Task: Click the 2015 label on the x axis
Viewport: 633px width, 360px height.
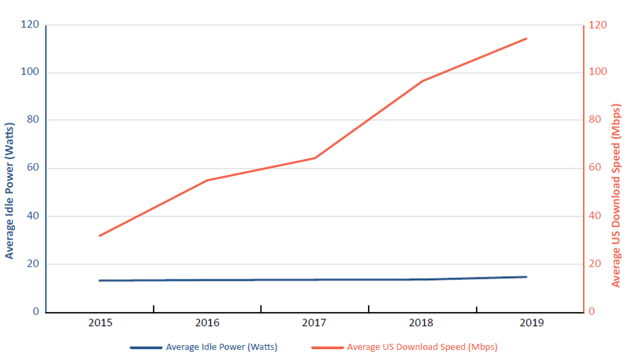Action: point(99,323)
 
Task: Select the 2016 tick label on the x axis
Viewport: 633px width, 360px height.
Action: point(208,323)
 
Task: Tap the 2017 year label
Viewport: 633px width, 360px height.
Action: point(314,323)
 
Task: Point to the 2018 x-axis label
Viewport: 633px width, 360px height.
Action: point(422,323)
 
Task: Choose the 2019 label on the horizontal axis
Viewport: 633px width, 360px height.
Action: point(530,323)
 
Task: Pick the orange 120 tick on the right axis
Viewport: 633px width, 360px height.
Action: point(598,25)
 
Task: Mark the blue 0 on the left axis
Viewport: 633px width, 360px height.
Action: point(36,312)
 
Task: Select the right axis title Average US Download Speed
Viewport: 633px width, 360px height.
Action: point(616,195)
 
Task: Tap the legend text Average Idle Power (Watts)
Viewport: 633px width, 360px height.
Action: point(221,347)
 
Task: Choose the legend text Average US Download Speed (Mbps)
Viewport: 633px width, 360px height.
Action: point(422,347)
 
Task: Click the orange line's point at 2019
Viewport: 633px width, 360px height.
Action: point(527,39)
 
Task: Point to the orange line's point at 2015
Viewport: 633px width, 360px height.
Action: point(99,235)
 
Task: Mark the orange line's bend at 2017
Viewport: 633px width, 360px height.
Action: point(314,158)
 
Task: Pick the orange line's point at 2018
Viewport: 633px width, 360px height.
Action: point(423,81)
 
